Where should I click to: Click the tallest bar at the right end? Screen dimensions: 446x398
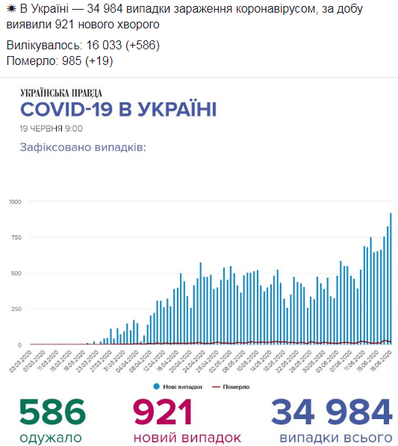pos(391,279)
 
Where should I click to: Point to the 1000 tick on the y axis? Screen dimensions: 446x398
pos(15,202)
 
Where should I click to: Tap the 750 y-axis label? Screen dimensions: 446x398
pos(16,238)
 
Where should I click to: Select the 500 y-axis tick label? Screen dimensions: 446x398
pos(16,273)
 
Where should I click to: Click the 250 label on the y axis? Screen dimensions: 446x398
pos(16,309)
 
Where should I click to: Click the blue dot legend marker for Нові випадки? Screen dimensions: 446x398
pos(156,386)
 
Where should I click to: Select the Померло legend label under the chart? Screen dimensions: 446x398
pos(235,386)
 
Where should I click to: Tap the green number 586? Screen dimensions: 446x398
pos(52,412)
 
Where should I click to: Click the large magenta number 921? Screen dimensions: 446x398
pos(163,412)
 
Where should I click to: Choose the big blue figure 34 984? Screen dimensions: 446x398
pos(331,412)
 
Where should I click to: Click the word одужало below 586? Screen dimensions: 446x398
pos(51,437)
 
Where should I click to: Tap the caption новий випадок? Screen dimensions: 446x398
pos(187,437)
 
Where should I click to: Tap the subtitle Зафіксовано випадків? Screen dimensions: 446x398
pos(82,148)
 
